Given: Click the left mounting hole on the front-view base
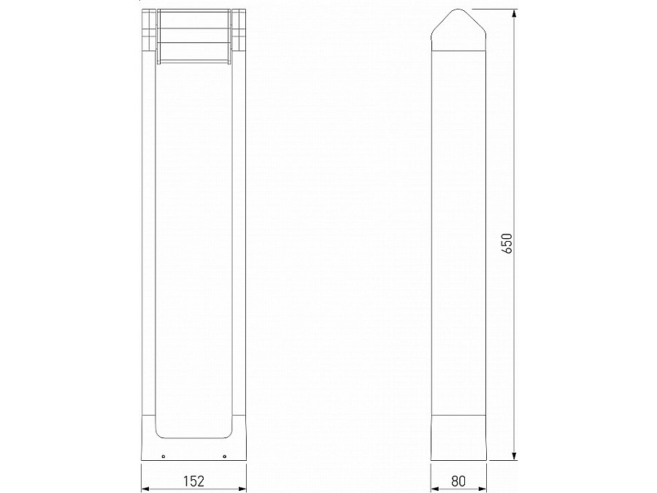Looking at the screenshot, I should click(x=163, y=456).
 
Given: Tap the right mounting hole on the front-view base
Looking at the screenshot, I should click(x=224, y=456).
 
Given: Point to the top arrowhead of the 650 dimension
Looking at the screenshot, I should click(x=515, y=15).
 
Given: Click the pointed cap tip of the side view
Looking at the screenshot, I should click(x=458, y=12).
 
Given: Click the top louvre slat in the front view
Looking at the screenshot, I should click(x=193, y=20).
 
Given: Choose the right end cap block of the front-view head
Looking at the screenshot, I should click(x=239, y=37).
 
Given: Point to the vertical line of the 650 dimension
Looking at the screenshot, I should click(x=515, y=146).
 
